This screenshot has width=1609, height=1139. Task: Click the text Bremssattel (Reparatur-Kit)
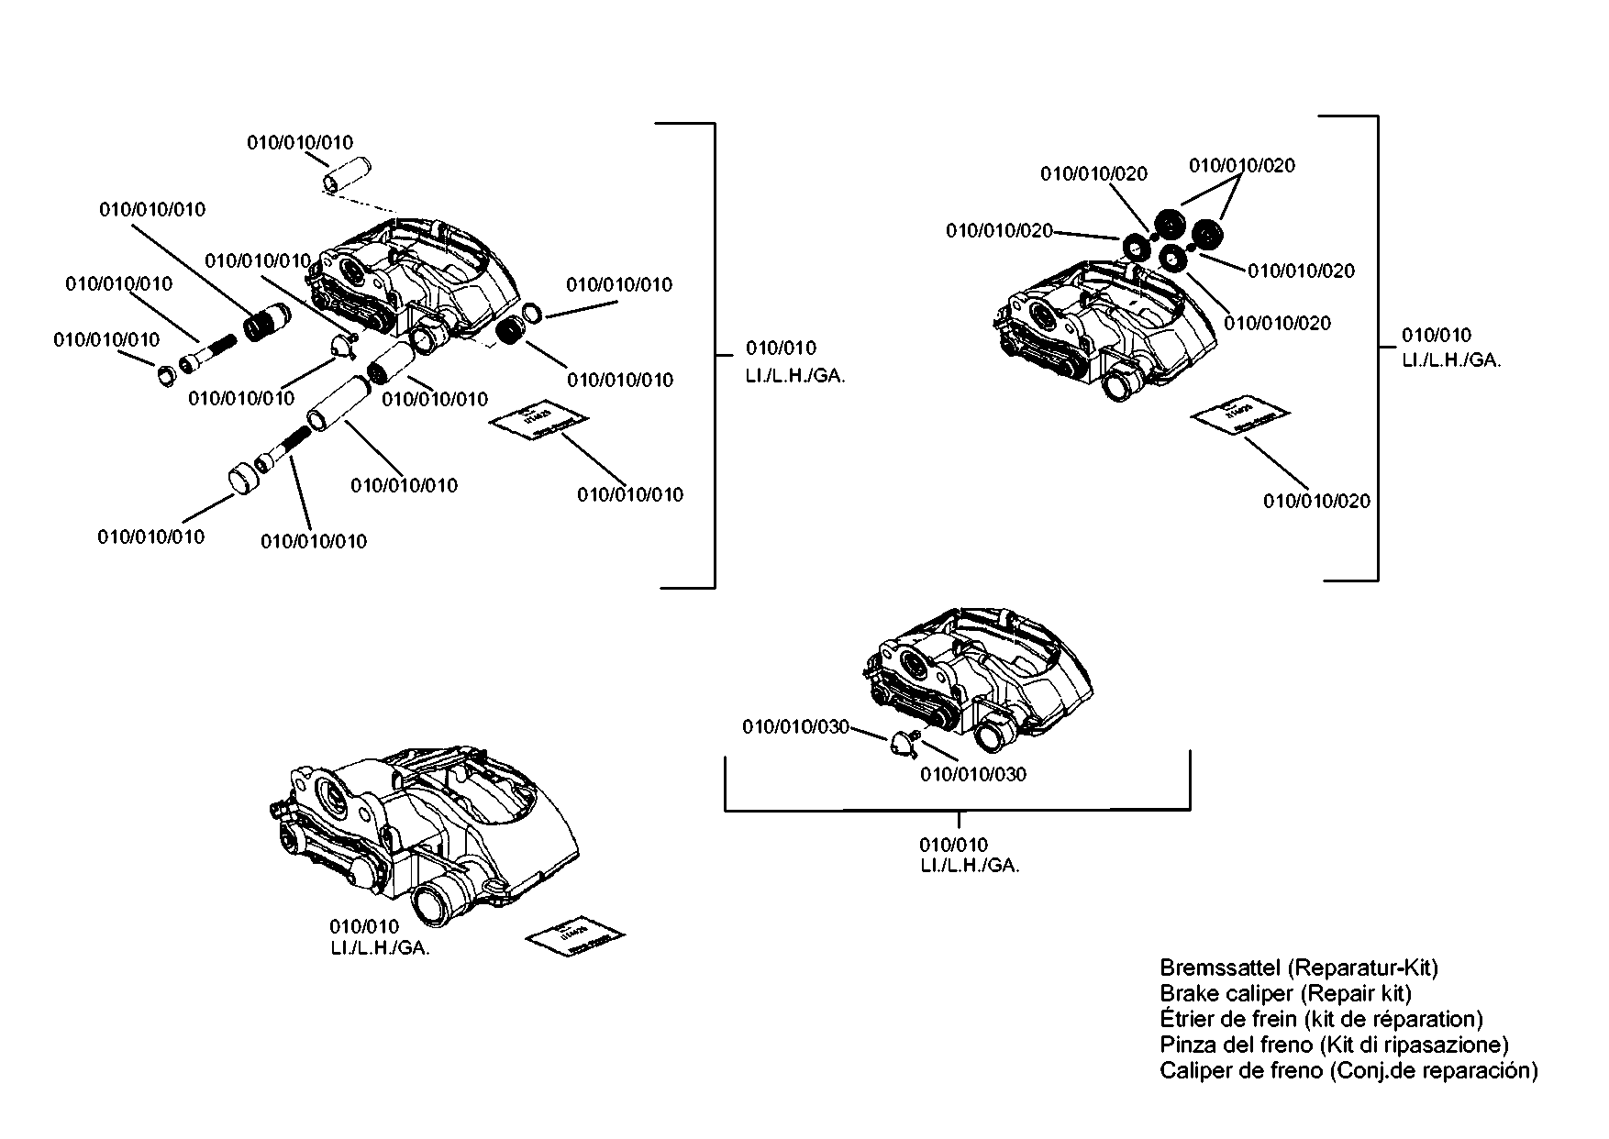point(1298,968)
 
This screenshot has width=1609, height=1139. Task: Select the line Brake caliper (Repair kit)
point(1285,993)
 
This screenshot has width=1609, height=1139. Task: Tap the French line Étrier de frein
point(1321,1019)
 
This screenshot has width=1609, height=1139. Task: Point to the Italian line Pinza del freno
point(1334,1045)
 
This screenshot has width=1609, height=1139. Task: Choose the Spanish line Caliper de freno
point(1348,1070)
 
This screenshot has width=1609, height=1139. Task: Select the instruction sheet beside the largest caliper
point(576,936)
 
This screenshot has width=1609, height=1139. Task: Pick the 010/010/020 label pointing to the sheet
point(1316,501)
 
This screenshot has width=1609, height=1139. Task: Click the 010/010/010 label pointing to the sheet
point(630,494)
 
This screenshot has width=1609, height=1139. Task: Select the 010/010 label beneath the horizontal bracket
point(953,845)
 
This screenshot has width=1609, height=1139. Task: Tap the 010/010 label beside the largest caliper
point(364,927)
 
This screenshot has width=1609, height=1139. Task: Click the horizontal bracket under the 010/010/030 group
point(958,809)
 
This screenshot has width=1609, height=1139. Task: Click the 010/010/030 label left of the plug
point(795,727)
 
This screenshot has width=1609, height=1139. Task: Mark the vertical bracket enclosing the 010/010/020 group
point(1376,348)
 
